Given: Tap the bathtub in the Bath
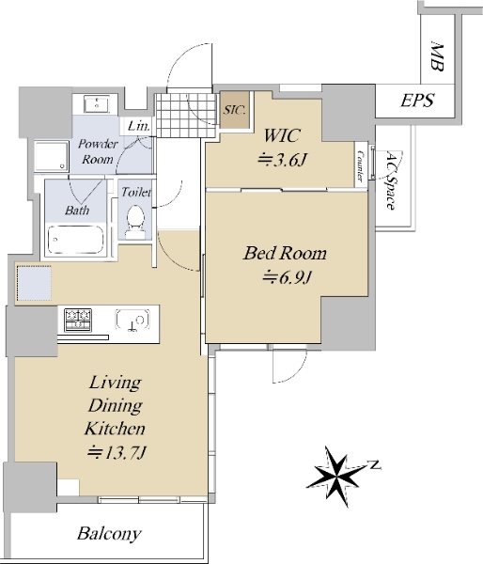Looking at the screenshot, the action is click(x=75, y=240).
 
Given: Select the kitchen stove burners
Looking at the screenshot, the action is click(x=78, y=320).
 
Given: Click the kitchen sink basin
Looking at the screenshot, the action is click(x=132, y=320).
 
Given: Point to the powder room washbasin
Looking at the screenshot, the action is click(x=97, y=104).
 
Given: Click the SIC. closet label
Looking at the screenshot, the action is click(x=234, y=110).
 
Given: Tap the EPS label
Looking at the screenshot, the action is click(x=417, y=101).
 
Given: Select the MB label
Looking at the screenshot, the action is click(x=437, y=56).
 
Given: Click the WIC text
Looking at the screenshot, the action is click(x=282, y=135).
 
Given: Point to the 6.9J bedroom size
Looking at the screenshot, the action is click(x=287, y=277).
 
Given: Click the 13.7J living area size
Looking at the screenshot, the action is click(x=117, y=452).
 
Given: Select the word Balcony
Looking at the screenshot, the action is click(x=109, y=533).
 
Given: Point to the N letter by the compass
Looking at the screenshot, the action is click(x=375, y=465).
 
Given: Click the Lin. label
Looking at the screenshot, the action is click(x=138, y=126).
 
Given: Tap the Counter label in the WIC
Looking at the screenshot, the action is click(x=360, y=165).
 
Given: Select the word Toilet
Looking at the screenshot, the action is click(x=136, y=192).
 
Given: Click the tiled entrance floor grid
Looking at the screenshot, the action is click(x=187, y=115).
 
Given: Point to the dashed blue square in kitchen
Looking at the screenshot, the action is click(x=35, y=283).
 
